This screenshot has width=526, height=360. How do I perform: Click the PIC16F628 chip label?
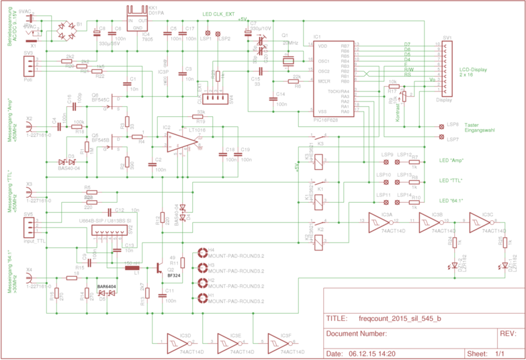[324, 118]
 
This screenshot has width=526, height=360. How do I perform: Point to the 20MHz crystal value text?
[290, 42]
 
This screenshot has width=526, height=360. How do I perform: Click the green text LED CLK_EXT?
[219, 14]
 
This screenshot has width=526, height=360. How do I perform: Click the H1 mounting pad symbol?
[204, 296]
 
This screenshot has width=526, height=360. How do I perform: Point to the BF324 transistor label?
[174, 275]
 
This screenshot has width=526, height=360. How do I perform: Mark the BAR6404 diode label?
[106, 287]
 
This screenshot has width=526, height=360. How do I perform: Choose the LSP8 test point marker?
[441, 125]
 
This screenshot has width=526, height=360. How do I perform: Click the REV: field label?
[508, 333]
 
